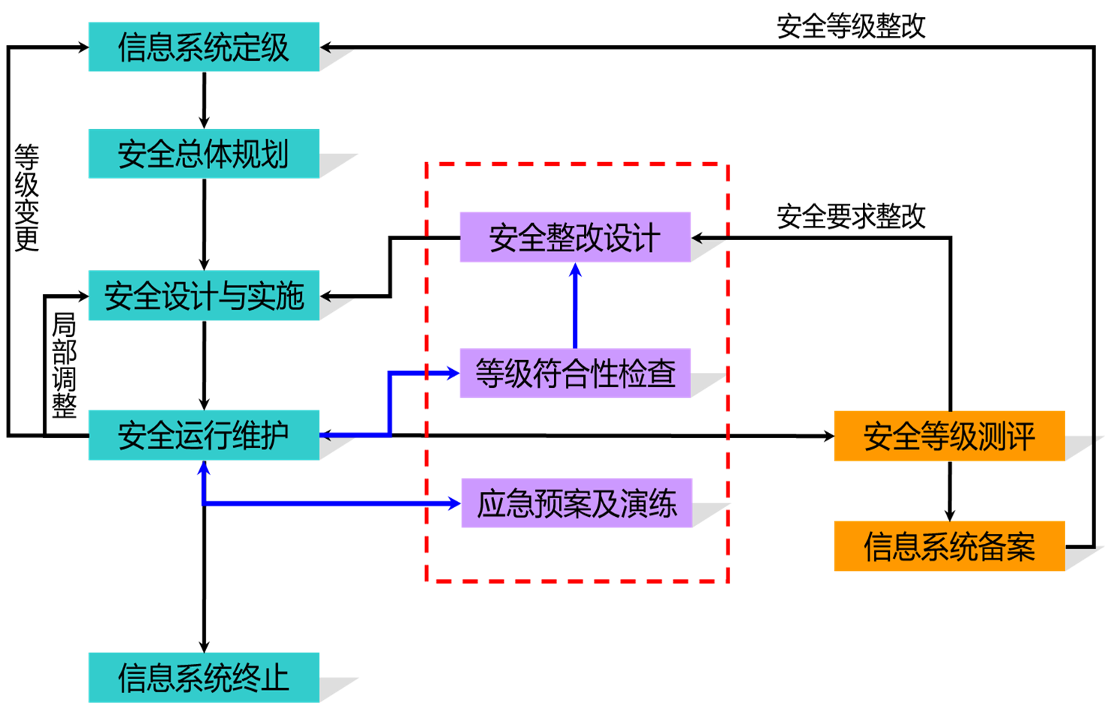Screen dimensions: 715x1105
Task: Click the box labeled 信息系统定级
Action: [203, 47]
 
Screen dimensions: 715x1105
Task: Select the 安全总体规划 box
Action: [203, 154]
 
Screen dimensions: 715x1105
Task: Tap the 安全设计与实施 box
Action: [203, 296]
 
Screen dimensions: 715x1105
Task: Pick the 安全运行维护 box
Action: [203, 435]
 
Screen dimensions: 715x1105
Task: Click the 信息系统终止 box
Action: [203, 677]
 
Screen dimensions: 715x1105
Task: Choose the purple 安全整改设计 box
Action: [574, 237]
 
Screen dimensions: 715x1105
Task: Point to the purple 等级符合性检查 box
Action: [574, 373]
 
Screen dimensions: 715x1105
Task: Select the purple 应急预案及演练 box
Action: [576, 503]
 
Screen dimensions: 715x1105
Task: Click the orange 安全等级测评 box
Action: [948, 436]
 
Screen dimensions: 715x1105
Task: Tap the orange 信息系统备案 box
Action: [948, 546]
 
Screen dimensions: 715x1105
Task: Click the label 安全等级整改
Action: [850, 27]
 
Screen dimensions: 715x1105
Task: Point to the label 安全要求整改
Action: [850, 217]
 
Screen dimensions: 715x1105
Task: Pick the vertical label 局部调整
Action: [64, 365]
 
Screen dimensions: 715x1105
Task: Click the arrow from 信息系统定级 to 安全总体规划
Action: [204, 101]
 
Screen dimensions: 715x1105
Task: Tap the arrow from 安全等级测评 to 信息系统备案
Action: [950, 491]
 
